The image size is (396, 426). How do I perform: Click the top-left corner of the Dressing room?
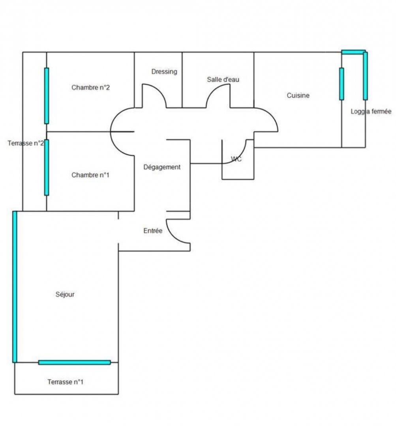(x=134, y=52)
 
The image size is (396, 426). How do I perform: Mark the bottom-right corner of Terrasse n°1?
(x=118, y=394)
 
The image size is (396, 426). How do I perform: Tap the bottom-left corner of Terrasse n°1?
(x=15, y=394)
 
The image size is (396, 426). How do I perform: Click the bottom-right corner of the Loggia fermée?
(x=365, y=148)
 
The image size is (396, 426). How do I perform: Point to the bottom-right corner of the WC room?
(x=254, y=179)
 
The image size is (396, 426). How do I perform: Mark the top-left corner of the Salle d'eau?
(x=182, y=52)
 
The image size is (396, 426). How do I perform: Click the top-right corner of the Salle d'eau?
(x=254, y=52)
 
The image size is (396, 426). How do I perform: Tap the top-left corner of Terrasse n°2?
(x=23, y=52)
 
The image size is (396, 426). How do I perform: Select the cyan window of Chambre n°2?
(x=47, y=96)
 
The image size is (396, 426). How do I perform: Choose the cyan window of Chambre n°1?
(x=47, y=167)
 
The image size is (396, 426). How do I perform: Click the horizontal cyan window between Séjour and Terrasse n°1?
(x=75, y=362)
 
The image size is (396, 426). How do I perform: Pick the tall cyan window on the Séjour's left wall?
(x=15, y=287)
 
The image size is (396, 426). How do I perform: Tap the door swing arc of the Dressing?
(x=154, y=95)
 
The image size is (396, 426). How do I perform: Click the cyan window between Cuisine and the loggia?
(x=342, y=84)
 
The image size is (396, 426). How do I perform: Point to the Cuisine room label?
(x=298, y=95)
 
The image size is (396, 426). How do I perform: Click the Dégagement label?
(x=162, y=167)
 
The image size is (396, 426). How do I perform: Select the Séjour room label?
(x=65, y=294)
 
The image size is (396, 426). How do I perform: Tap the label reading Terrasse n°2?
(x=26, y=143)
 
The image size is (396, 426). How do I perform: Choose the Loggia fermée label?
(x=371, y=111)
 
